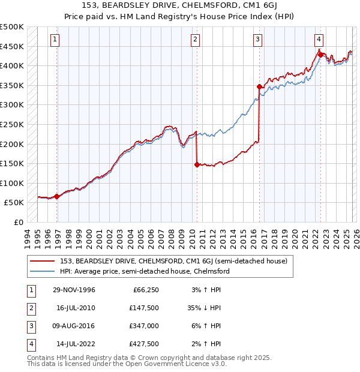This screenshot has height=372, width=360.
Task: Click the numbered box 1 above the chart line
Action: point(55,40)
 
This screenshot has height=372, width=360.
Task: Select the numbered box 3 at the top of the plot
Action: point(257,40)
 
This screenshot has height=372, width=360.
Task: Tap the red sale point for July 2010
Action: point(196,164)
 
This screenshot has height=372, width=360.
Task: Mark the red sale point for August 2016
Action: point(259,87)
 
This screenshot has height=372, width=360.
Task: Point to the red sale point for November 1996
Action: point(57,196)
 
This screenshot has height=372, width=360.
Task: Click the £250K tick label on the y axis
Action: point(12,124)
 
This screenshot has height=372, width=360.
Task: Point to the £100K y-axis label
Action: point(12,183)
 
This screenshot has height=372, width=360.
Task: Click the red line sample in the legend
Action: point(43,261)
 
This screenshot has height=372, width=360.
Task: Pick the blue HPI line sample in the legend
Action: point(43,271)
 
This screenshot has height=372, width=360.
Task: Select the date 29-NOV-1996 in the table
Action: point(76,290)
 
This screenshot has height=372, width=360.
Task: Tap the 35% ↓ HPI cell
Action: point(204,308)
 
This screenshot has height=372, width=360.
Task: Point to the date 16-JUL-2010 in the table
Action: point(76,308)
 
